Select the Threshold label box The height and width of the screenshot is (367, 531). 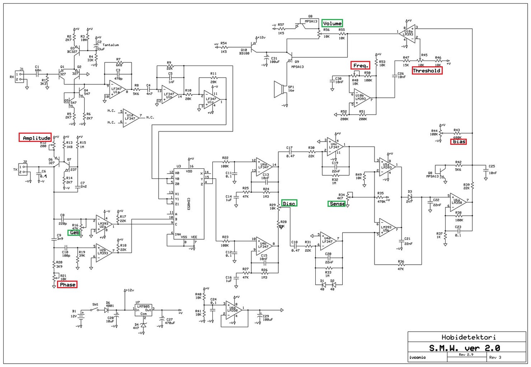pos(427,70)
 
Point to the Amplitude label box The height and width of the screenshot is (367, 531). pos(35,138)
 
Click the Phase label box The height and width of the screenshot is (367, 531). pos(67,284)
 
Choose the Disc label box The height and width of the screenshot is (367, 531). pos(289,203)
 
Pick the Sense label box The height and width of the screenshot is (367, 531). pos(336,203)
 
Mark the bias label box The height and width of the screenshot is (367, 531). pos(458,141)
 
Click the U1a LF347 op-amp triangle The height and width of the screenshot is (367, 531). pos(117,88)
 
